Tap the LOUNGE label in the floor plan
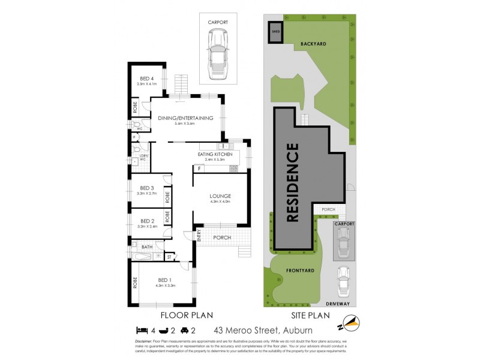pyautogui.click(x=220, y=196)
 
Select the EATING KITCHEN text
pyautogui.click(x=215, y=154)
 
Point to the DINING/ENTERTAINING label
pyautogui.click(x=185, y=118)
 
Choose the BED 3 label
pyautogui.click(x=146, y=188)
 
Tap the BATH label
pyautogui.click(x=147, y=247)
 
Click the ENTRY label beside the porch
pyautogui.click(x=199, y=237)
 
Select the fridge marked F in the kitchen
pyautogui.click(x=197, y=169)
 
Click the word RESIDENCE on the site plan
pyautogui.click(x=292, y=182)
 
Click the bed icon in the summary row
pyautogui.click(x=142, y=329)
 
